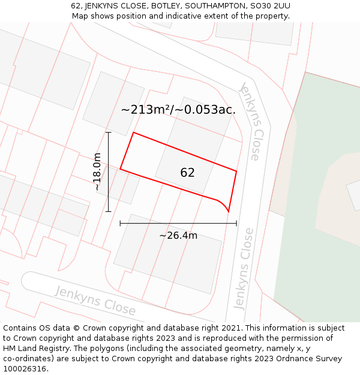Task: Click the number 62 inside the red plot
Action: click(187, 173)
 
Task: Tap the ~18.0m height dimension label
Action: click(97, 172)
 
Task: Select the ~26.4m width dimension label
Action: click(178, 235)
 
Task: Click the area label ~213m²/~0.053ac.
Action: click(178, 110)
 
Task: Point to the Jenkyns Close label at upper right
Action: click(251, 122)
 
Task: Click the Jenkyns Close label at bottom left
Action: click(95, 300)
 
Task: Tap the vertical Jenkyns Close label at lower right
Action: click(243, 268)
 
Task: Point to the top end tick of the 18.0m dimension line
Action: click(109, 133)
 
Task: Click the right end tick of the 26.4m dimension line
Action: click(236, 223)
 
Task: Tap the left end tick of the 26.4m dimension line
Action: click(121, 223)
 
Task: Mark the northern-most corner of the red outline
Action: click(133, 133)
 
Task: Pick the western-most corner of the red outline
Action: click(121, 169)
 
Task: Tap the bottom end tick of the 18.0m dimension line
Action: click(109, 211)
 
